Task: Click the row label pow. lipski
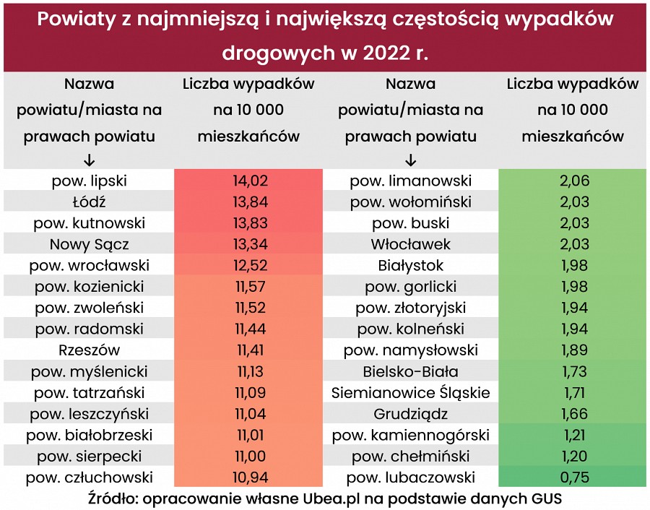[x=89, y=181]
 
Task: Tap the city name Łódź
[x=89, y=202]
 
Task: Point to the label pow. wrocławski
[x=89, y=265]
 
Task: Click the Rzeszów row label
[x=89, y=350]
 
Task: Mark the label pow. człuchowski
[x=89, y=477]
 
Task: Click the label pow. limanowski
[x=410, y=181]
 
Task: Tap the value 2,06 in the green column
[x=574, y=181]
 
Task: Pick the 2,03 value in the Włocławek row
[x=574, y=244]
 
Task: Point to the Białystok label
[x=410, y=265]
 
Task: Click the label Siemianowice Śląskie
[x=410, y=393]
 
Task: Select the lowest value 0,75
[x=574, y=477]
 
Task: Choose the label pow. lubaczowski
[x=410, y=477]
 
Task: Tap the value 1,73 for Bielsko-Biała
[x=574, y=372]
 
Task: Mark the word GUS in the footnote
[x=547, y=498]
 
